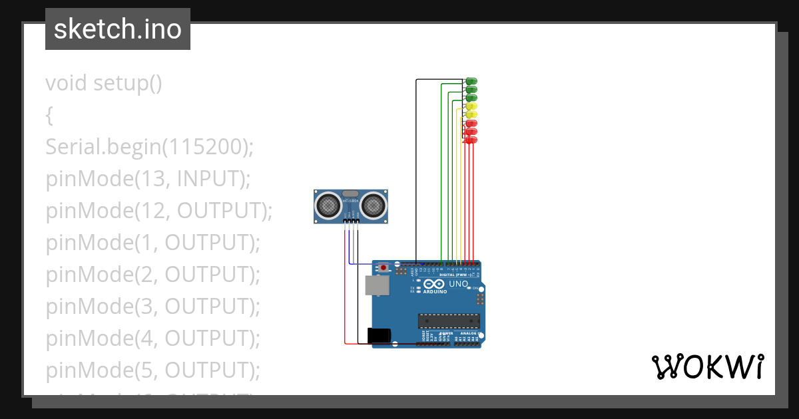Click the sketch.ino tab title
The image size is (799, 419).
(117, 29)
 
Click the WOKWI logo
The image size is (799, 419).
(707, 366)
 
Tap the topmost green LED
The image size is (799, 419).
(471, 81)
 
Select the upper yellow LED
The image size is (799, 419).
(471, 106)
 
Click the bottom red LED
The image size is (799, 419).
(470, 140)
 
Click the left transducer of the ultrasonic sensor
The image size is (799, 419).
(328, 206)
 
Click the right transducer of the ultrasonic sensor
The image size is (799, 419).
(374, 206)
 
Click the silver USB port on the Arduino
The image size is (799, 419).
(376, 285)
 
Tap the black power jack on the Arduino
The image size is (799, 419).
(379, 335)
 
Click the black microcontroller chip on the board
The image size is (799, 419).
(448, 321)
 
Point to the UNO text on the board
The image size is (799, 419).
(458, 284)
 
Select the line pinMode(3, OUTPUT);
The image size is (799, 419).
(152, 307)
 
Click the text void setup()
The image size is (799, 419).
(103, 83)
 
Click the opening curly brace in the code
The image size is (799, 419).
(49, 116)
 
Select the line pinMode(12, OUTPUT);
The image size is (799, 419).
(159, 211)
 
